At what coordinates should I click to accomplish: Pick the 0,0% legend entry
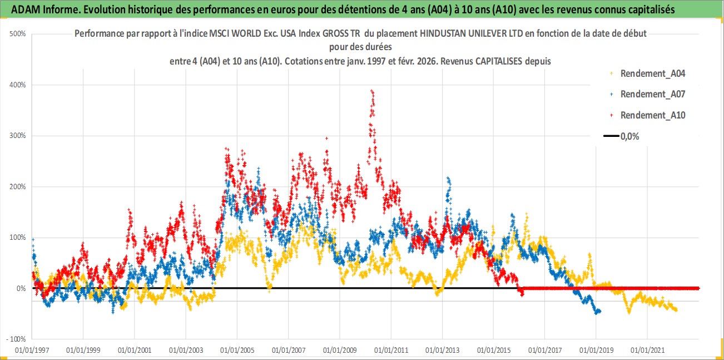[629, 136]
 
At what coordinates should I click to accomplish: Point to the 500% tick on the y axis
[18, 34]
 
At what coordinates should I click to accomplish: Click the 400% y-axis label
[18, 85]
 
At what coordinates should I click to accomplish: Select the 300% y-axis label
[18, 136]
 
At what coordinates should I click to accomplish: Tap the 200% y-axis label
[18, 187]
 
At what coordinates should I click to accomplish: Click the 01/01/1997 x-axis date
[32, 351]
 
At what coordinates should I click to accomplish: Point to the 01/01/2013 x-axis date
[442, 351]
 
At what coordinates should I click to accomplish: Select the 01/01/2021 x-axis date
[647, 351]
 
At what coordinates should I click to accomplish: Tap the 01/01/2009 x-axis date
[340, 351]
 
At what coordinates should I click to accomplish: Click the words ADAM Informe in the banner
[41, 8]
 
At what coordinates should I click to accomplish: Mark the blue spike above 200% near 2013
[448, 180]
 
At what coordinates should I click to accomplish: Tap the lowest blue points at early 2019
[598, 312]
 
